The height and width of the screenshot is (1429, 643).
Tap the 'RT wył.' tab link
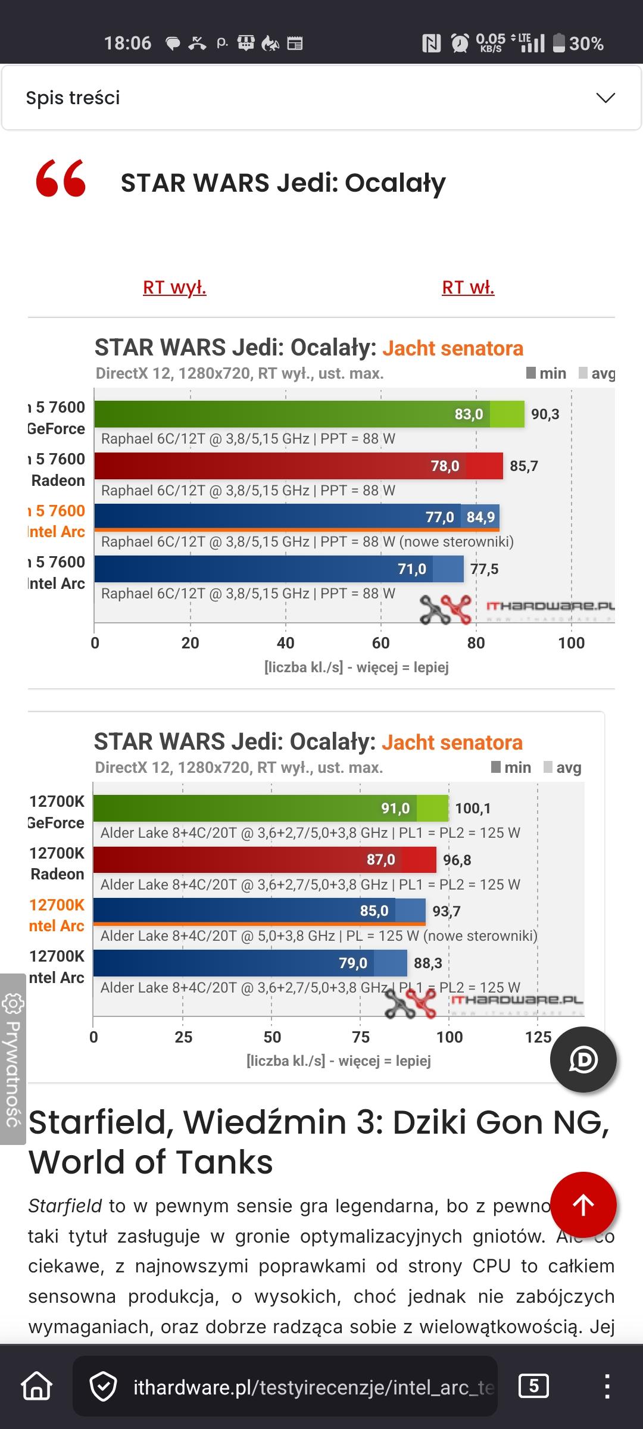pos(174,288)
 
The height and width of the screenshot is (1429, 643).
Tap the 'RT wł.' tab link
pos(468,288)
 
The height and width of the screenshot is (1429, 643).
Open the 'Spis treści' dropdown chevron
pos(605,98)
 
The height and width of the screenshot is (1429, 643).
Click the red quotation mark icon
pos(61,179)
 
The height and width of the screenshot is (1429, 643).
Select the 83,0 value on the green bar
pos(469,414)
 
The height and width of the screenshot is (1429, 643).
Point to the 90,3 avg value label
pos(545,414)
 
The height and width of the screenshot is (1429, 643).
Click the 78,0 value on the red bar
pos(445,466)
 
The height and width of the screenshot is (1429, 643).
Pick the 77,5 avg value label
pos(484,570)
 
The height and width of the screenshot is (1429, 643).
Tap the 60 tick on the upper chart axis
pos(381,643)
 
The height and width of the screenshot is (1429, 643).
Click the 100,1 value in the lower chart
pos(473,809)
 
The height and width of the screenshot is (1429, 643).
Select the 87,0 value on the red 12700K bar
pos(380,860)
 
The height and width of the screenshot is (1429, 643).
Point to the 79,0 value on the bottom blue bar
pos(353,963)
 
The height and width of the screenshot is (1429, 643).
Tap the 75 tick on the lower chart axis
pos(361,1037)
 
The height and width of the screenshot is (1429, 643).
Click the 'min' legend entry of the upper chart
pos(546,373)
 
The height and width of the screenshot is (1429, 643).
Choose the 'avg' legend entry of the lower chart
pos(562,767)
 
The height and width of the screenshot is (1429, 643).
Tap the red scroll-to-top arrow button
pos(583,1205)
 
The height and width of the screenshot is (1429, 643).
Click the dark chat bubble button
pos(583,1059)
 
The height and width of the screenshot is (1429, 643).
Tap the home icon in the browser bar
pos(37,1387)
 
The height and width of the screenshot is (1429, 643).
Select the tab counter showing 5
pos(533,1386)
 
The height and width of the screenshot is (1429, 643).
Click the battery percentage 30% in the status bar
pos(586,43)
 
